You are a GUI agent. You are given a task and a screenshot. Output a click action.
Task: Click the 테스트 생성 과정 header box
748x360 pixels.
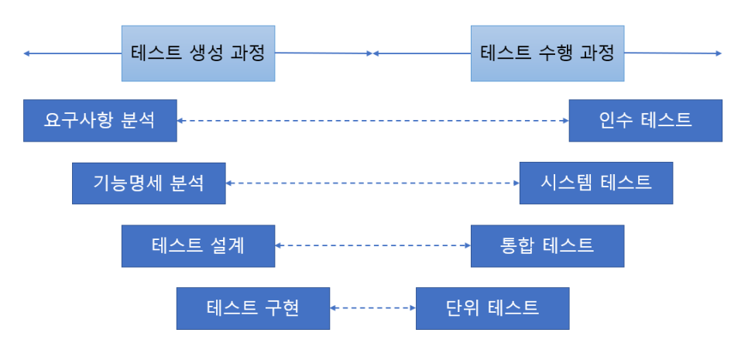point(198,53)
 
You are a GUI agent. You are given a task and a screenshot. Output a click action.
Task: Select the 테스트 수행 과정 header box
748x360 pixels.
point(547,53)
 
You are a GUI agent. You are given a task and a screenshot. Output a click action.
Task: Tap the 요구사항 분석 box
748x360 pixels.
point(100,121)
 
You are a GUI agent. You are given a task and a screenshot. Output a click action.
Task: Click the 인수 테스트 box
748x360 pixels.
point(645,121)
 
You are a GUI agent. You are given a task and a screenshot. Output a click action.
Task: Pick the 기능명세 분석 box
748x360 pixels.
point(149,183)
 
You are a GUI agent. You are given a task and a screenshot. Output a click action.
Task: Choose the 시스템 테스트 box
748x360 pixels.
point(595,183)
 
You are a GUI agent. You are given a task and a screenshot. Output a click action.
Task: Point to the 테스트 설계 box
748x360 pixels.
point(198,246)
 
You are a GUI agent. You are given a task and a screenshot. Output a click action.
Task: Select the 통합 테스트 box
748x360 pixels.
point(547,246)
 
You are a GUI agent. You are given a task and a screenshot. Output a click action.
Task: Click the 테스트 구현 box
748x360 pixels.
point(253,308)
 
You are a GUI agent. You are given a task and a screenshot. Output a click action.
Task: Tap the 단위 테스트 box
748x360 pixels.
point(492,308)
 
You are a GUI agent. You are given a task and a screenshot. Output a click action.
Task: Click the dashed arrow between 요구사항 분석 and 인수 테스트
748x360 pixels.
point(372,121)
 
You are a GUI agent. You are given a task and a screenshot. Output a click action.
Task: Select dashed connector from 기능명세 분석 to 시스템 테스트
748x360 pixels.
point(372,183)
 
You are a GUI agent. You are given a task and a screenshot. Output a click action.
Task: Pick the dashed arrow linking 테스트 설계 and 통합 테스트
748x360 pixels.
point(372,245)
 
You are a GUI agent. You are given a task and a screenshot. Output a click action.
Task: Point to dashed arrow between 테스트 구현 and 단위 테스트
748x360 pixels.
point(372,308)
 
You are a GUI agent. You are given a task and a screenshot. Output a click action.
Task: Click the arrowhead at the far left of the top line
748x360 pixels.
point(26,53)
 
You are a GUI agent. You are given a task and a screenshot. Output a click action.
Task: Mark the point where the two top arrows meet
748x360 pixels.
point(373,53)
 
